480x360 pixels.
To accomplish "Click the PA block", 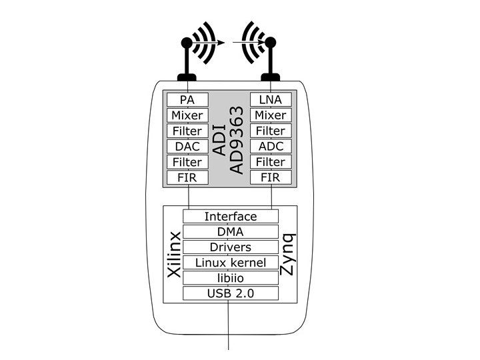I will tap(187, 100).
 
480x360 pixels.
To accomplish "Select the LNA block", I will tap(271, 100).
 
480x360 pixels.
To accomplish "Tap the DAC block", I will tap(187, 146).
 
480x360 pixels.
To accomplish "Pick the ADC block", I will tap(271, 146).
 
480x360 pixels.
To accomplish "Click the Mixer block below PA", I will tap(187, 115).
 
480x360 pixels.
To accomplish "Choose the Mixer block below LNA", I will tap(271, 115).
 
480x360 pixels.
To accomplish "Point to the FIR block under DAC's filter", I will tap(187, 177).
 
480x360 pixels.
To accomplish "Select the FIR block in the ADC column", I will tap(271, 177).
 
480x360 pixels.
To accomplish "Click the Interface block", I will tap(230, 217).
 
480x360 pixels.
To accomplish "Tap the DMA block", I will tap(230, 232).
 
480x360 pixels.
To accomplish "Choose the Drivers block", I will tap(230, 247).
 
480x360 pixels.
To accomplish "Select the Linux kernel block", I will tap(230, 263).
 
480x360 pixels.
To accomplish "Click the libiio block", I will tap(230, 277).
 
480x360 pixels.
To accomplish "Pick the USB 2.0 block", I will tap(230, 293).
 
